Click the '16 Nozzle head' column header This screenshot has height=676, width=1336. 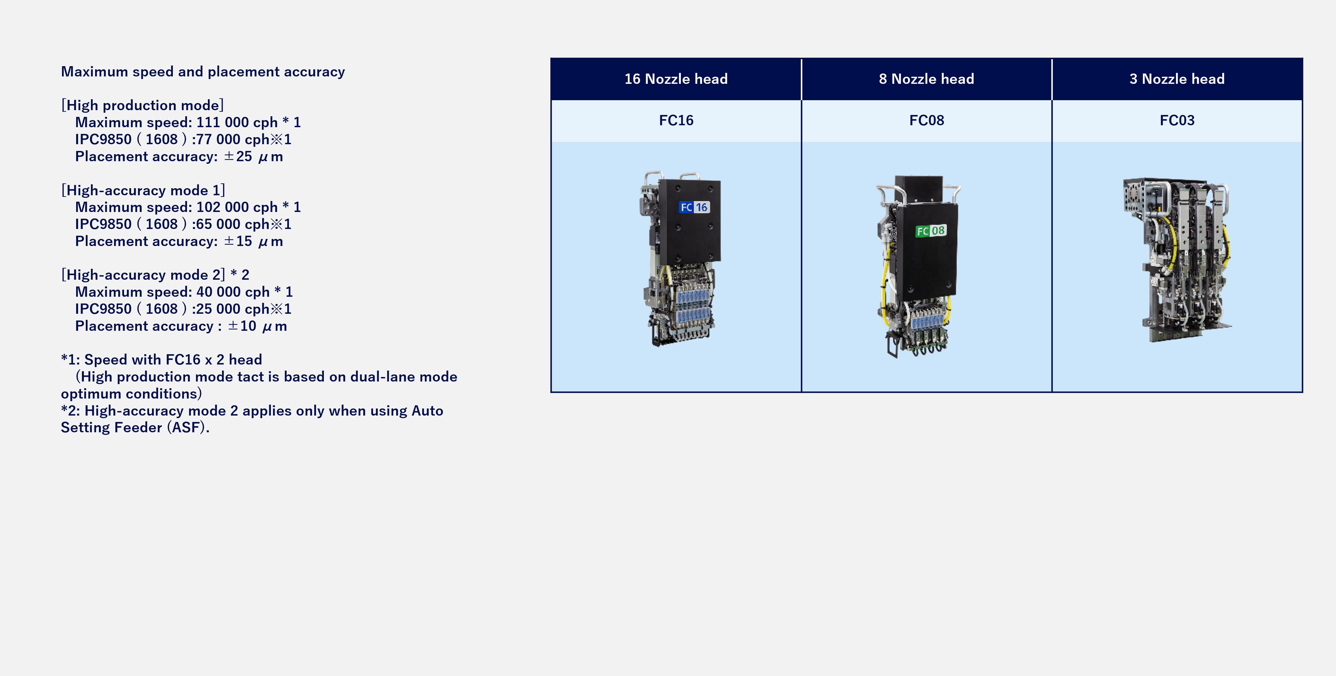pos(676,79)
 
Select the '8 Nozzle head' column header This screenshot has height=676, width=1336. pos(926,79)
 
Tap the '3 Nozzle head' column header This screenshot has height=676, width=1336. pos(1177,79)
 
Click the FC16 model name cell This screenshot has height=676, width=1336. pos(676,120)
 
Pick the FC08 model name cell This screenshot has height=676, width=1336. pos(926,120)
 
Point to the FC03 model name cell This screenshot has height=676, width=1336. pos(1177,120)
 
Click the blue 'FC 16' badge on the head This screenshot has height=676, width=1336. pos(694,207)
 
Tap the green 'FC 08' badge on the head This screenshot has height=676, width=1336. pos(931,231)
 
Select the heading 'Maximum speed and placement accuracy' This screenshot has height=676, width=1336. pos(203,72)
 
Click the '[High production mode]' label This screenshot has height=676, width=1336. pos(142,105)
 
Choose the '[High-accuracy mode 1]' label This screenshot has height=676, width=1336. pos(143,190)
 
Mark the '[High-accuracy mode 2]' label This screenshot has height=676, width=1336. pos(143,275)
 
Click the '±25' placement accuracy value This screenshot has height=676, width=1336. pos(238,157)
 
